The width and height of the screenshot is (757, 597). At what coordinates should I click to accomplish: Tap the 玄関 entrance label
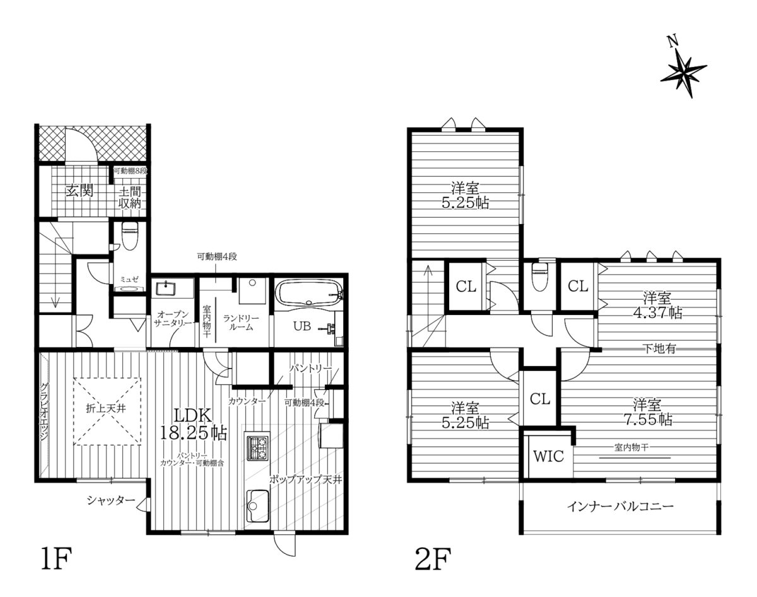(79, 191)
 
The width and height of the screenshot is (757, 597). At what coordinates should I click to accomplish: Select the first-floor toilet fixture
(129, 237)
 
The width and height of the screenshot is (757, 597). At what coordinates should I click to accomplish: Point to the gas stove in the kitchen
(257, 448)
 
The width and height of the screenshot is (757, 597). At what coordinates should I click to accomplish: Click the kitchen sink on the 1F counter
(258, 506)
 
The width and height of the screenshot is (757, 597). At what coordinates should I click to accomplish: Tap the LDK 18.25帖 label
(194, 425)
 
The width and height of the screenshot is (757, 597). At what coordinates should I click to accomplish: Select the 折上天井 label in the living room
(106, 409)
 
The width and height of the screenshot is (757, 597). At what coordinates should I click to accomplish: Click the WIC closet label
(548, 456)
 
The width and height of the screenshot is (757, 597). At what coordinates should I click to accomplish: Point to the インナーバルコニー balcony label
(620, 507)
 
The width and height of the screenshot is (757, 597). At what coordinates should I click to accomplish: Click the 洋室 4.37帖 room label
(657, 305)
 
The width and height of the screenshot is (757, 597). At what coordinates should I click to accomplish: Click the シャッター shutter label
(111, 500)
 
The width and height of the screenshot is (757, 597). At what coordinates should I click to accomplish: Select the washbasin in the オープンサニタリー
(165, 289)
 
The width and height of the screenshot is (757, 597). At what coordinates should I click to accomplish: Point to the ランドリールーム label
(240, 322)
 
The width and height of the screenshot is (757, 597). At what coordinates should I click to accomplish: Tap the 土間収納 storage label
(130, 198)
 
